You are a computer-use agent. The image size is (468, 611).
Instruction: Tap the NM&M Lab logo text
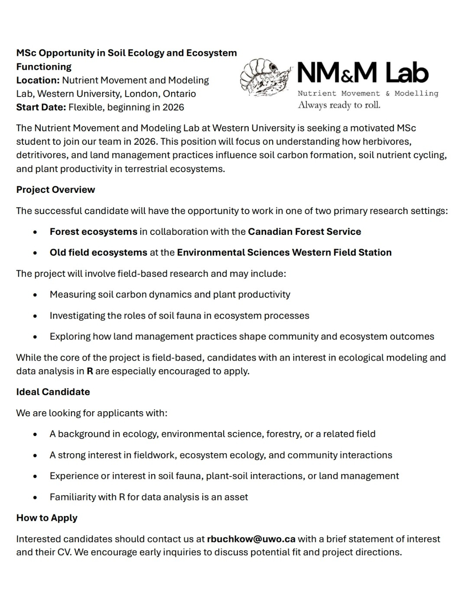tap(363, 73)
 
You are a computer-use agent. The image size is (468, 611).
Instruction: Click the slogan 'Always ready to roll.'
tap(339, 105)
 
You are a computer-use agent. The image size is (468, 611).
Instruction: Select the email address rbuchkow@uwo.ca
tap(251, 539)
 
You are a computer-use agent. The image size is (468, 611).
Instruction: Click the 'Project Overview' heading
tap(55, 190)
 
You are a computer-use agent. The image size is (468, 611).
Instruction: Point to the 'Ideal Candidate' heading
tap(53, 392)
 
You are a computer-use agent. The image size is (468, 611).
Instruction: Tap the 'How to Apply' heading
tap(47, 518)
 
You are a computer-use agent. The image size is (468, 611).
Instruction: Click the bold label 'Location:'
tap(38, 80)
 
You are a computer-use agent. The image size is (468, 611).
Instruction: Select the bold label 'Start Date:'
tap(41, 107)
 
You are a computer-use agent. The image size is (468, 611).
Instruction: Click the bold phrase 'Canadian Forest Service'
tap(304, 231)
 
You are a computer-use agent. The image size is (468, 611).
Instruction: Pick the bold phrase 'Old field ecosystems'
tap(98, 252)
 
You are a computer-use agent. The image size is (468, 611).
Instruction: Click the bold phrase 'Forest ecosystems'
tap(93, 231)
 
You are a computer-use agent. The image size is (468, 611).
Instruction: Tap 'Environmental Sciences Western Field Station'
tap(284, 252)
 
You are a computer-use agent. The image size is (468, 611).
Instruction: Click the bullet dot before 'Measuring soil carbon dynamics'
tap(35, 295)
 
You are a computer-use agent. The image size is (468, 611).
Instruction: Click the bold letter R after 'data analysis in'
tap(90, 371)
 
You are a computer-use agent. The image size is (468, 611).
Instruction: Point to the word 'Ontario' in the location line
tap(179, 94)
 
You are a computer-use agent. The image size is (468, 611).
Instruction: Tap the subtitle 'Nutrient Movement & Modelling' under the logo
tap(368, 93)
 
